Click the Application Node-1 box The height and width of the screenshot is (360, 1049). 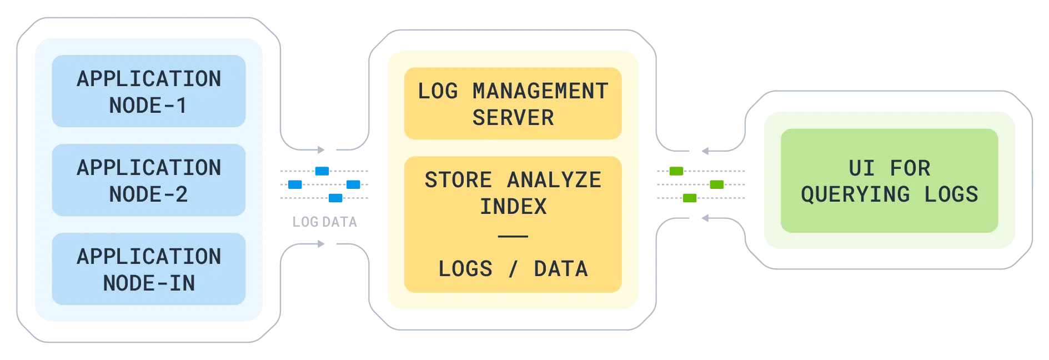(x=148, y=91)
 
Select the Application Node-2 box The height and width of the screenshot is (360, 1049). (x=148, y=180)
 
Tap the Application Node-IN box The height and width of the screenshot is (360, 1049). (x=148, y=269)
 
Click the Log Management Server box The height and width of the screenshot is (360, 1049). (x=512, y=103)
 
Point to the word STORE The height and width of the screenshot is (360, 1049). (x=458, y=180)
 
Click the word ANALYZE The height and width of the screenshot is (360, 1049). (x=554, y=180)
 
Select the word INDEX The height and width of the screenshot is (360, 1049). (x=513, y=207)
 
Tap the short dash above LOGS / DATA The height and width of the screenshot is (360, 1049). (x=513, y=236)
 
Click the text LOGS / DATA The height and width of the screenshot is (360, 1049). (x=513, y=269)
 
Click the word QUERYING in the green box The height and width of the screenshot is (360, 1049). (x=855, y=194)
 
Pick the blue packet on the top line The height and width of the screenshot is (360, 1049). (x=322, y=171)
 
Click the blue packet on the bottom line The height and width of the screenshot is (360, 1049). (x=337, y=197)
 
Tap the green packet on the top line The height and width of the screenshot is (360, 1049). (x=675, y=171)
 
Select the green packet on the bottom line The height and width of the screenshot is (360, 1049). (x=689, y=197)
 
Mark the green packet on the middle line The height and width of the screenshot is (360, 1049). (x=716, y=184)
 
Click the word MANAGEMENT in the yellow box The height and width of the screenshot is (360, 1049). (x=540, y=91)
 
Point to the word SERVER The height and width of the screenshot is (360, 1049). (x=513, y=118)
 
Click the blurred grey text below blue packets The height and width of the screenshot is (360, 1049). (x=326, y=221)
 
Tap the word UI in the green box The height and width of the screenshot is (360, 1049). (x=861, y=168)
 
